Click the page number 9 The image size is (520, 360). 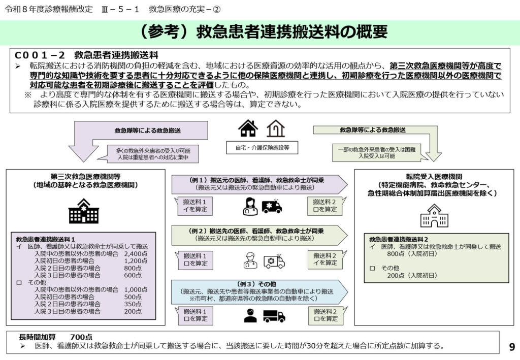point(512,347)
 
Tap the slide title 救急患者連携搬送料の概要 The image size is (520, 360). point(292,32)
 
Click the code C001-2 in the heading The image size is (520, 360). point(40,55)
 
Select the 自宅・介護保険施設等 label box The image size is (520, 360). point(262,148)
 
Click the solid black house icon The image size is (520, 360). point(248,128)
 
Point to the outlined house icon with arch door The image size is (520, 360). point(276,128)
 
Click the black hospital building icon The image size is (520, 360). point(84,211)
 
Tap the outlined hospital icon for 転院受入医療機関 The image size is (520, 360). point(434,216)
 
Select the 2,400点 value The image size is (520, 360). point(136,253)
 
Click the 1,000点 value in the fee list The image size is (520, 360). point(136,289)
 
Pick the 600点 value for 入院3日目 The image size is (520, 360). point(133,275)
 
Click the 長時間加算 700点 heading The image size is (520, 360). point(56,337)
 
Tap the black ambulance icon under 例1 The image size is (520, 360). point(272,206)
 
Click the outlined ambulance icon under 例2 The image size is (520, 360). point(274,261)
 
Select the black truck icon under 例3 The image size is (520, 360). point(274,316)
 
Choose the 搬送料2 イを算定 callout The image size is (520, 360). point(325,259)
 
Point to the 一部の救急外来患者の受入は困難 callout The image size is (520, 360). point(377,153)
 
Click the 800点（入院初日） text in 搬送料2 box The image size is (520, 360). point(412,254)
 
